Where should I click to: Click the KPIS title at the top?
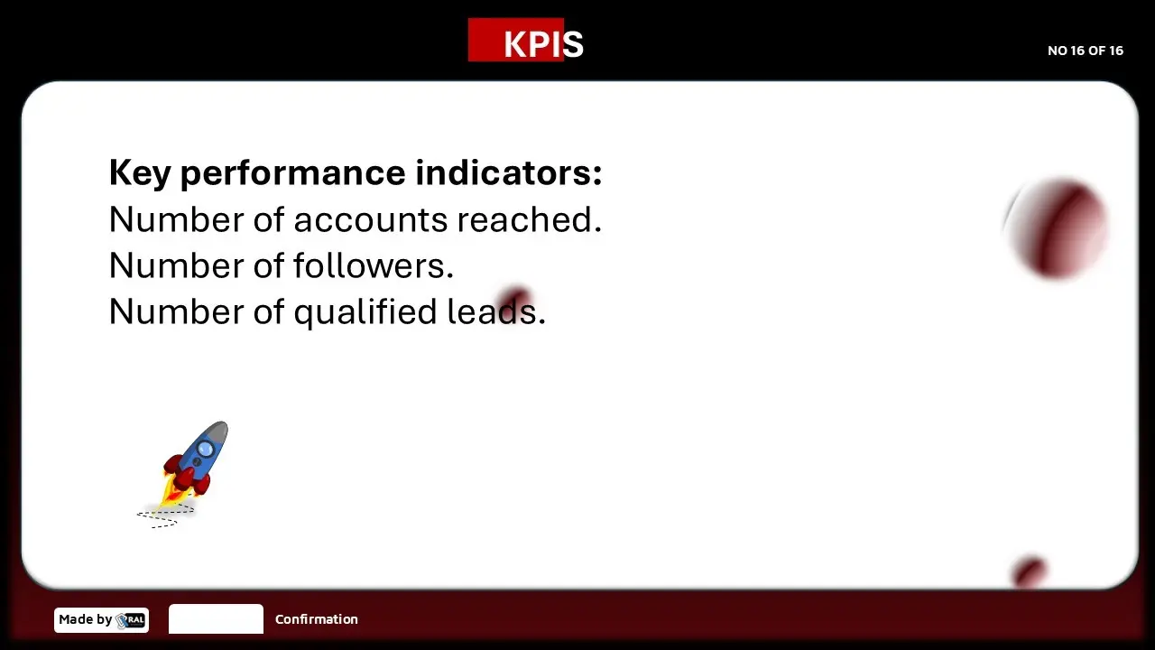coord(543,44)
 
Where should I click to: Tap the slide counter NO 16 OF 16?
coord(1086,51)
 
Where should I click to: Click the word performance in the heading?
coord(293,174)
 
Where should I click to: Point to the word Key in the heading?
coord(140,174)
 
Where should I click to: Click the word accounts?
coord(371,220)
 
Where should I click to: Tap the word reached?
coord(530,218)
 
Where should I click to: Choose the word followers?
coord(374,265)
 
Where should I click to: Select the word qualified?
coord(365,312)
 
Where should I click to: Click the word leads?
coord(496,311)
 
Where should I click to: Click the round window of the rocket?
coord(205,449)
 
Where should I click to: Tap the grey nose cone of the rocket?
coord(218,432)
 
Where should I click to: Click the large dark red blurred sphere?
coord(1057,228)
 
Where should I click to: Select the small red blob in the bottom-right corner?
coord(1030,571)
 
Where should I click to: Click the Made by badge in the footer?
coord(102,619)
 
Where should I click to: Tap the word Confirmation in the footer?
coord(317,619)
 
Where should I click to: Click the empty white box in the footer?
coord(216,618)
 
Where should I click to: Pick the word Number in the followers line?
coord(176,265)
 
